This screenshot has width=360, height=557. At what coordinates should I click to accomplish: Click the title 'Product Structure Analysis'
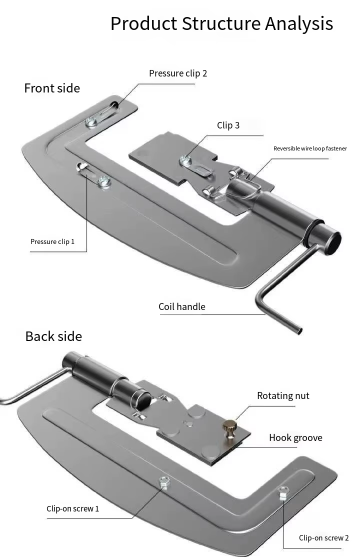[x=221, y=24]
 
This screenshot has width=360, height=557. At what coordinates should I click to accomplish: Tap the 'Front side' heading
[x=52, y=88]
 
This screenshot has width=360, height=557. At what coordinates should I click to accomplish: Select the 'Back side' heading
[x=53, y=336]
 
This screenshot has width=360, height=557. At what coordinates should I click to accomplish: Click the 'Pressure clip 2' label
[x=177, y=73]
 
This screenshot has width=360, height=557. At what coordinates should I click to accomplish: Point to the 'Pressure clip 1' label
[x=52, y=241]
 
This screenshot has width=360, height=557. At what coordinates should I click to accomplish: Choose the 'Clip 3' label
[x=228, y=125]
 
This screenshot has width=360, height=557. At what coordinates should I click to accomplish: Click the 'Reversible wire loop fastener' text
[x=310, y=148]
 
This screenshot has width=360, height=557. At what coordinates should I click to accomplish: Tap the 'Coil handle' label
[x=182, y=306]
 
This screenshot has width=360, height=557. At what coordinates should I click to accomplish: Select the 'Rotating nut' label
[x=283, y=395]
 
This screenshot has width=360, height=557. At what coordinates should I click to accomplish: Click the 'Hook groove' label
[x=295, y=437]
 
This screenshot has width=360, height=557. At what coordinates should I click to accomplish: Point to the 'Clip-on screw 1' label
[x=73, y=508]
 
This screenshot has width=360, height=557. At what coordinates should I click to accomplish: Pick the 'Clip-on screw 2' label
[x=324, y=538]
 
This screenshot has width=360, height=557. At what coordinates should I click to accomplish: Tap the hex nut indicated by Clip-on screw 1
[x=164, y=482]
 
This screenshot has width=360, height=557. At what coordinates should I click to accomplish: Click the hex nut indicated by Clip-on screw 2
[x=283, y=492]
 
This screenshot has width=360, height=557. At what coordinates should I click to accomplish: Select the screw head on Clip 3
[x=185, y=160]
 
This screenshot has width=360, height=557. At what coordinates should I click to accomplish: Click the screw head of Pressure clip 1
[x=104, y=181]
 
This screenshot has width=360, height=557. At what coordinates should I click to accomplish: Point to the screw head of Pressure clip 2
[x=91, y=122]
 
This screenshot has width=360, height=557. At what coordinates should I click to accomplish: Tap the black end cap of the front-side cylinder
[x=333, y=243]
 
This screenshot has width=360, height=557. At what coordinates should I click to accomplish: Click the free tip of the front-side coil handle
[x=299, y=331]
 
